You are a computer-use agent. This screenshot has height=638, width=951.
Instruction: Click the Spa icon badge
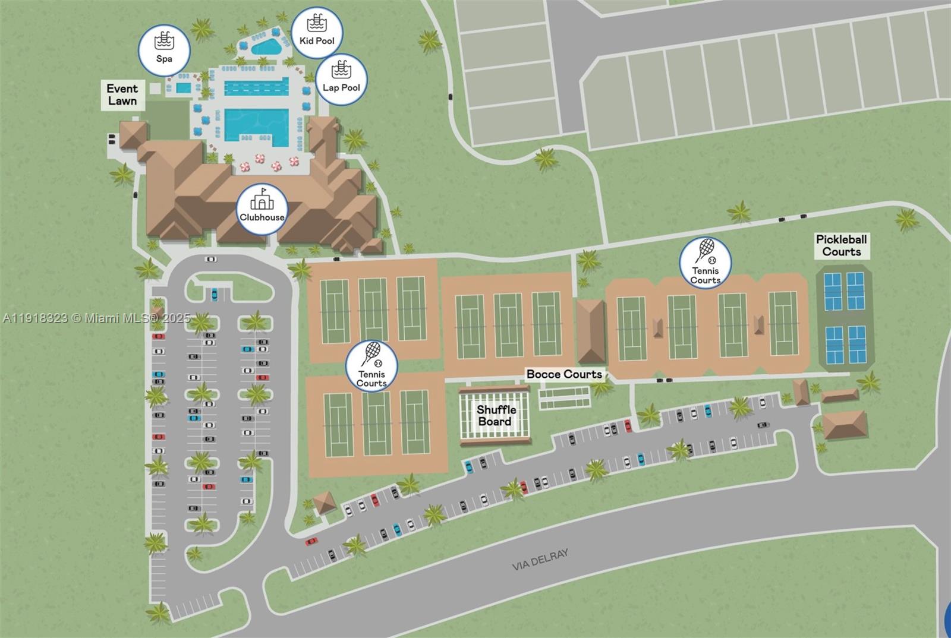164,50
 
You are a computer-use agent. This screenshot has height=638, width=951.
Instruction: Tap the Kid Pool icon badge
317,32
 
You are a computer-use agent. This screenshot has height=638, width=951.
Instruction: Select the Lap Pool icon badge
341,80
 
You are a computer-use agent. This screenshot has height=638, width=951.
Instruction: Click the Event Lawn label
122,95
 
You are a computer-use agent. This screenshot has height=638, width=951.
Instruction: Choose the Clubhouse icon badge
262,209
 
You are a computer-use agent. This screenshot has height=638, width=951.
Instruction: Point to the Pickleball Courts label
841,245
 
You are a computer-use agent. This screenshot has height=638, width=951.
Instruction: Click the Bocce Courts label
564,374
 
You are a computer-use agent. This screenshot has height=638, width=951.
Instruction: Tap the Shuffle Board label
496,416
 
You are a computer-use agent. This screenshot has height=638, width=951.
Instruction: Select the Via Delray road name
540,560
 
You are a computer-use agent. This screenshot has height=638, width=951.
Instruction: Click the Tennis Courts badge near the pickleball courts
706,263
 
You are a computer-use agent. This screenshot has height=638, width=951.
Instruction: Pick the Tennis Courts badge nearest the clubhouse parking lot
371,366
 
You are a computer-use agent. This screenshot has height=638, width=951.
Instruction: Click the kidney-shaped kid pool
264,46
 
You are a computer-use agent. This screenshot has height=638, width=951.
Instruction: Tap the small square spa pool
184,89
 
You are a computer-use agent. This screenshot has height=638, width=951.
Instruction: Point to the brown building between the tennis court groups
590,331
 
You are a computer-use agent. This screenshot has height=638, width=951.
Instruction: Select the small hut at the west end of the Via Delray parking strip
325,503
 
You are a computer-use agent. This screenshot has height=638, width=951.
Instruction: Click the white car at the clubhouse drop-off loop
210,259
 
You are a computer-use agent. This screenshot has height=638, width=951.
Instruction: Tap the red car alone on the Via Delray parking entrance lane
311,541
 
